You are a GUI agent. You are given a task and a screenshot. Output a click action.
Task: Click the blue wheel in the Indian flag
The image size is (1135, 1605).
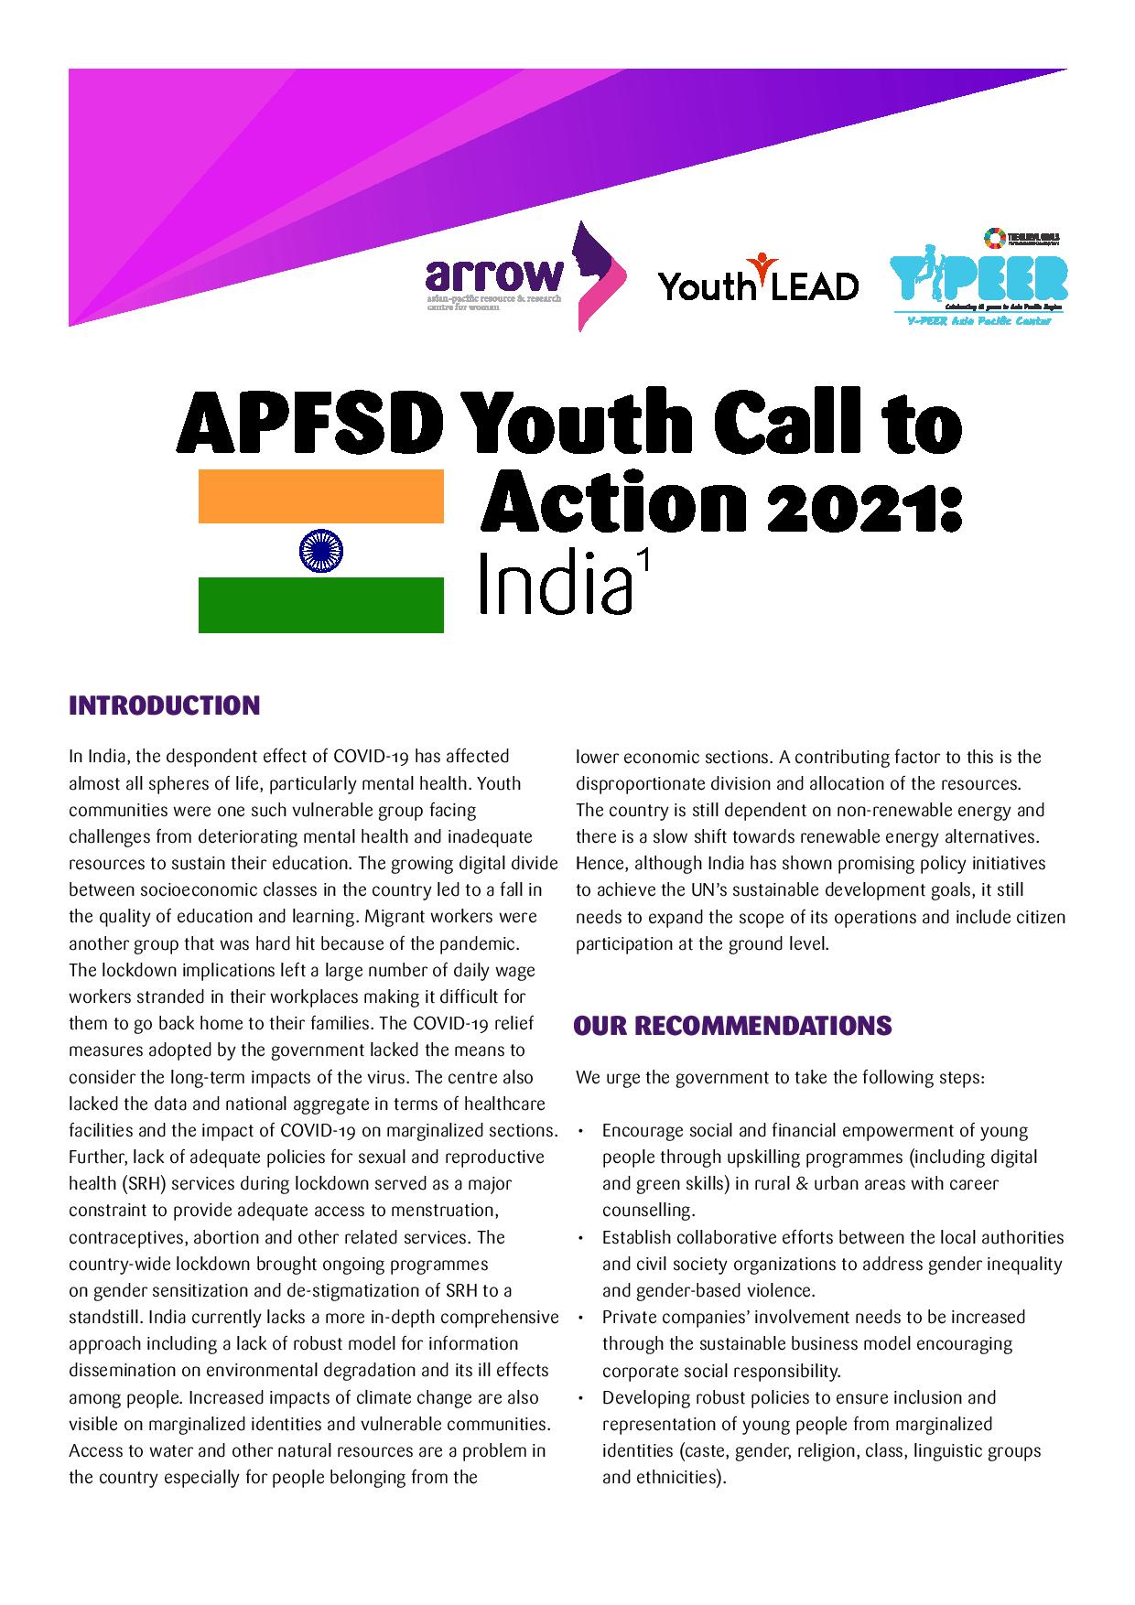point(321,551)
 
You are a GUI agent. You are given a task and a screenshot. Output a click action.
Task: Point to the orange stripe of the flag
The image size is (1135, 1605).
point(321,496)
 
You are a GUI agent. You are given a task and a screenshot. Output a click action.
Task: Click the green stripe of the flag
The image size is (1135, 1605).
point(321,605)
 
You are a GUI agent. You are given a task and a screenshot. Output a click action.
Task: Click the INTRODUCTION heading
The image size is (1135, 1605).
point(165,706)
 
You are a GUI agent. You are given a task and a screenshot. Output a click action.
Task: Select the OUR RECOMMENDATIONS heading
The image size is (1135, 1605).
point(732,1026)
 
